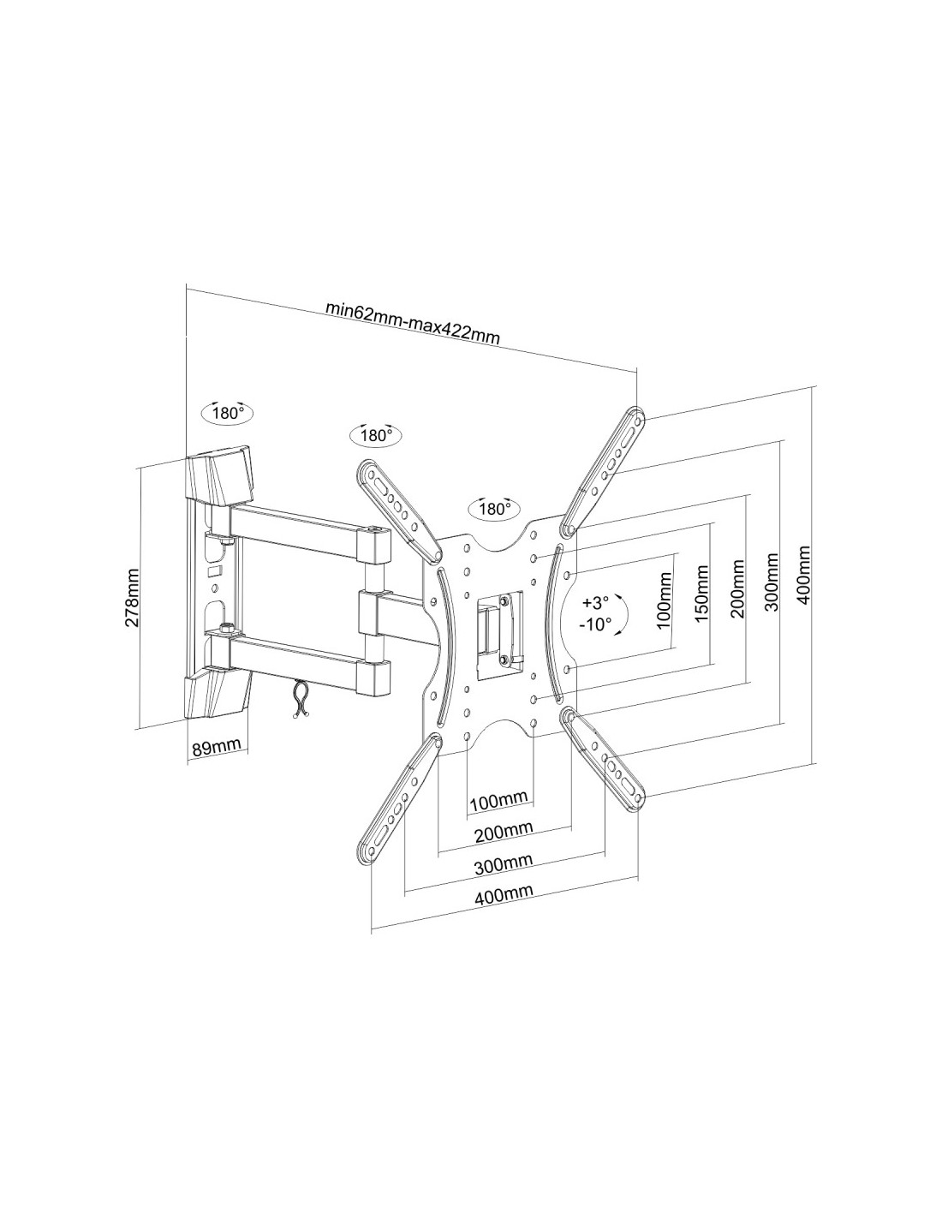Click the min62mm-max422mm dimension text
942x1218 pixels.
[x=413, y=325]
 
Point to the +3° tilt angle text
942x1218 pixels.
[x=594, y=603]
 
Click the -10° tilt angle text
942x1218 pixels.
[x=596, y=624]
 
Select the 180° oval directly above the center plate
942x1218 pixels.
[x=493, y=509]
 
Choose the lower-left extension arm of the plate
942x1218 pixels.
[x=398, y=801]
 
